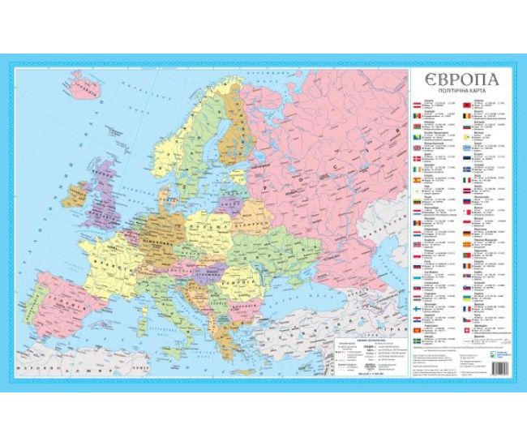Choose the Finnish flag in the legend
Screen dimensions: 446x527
(417, 308)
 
